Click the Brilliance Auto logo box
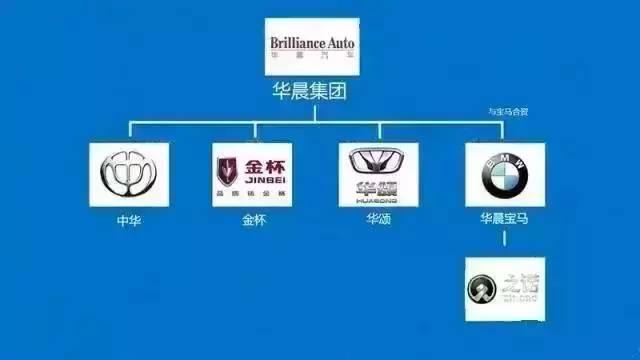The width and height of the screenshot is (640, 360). point(311,47)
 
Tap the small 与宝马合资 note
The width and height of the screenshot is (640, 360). point(508,112)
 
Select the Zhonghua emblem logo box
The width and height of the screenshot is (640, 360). point(129,175)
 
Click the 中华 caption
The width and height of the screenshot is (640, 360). point(129,219)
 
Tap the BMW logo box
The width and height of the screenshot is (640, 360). point(504,175)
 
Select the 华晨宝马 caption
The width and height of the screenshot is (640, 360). point(504,219)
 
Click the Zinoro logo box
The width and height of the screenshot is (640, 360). point(504,288)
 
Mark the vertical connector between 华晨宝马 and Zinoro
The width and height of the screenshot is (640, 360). point(504,240)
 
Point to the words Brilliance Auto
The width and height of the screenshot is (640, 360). point(311,43)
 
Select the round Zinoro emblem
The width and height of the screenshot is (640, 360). point(482,291)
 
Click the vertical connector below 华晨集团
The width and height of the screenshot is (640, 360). point(311,113)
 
